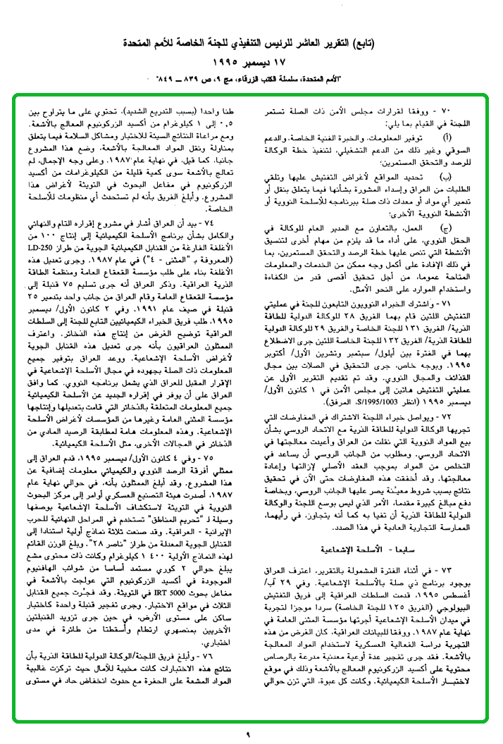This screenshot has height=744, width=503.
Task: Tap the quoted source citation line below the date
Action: pyautogui.click(x=252, y=77)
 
